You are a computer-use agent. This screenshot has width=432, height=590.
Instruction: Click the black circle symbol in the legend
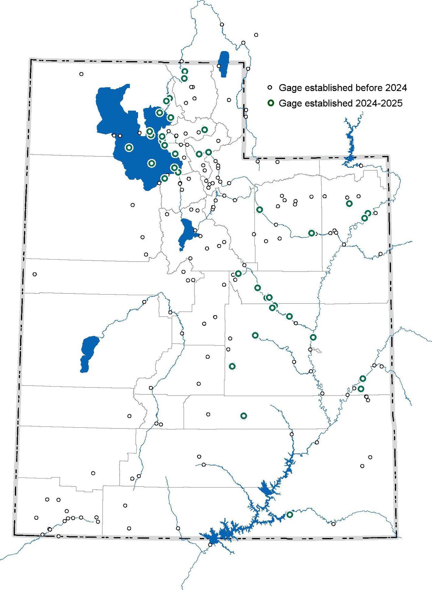271,88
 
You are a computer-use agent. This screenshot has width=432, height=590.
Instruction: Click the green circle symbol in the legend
271,103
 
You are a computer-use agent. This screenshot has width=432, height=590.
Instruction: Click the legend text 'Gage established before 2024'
343,88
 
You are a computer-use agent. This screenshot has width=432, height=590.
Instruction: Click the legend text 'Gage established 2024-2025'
340,103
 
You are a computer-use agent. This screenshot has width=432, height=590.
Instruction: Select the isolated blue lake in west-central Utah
89,353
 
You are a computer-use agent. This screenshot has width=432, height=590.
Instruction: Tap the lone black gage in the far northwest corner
81,74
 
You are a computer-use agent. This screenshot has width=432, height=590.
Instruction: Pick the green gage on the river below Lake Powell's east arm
290,514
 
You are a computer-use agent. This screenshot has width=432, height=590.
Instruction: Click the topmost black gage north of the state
222,25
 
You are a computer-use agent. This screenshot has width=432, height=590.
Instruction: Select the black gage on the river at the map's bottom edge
210,545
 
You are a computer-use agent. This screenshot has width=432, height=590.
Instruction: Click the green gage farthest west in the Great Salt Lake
129,147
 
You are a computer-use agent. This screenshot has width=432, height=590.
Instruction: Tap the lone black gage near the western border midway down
35,274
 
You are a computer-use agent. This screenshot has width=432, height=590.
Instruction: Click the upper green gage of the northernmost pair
185,71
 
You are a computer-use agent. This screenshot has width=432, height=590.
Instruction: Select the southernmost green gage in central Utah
244,416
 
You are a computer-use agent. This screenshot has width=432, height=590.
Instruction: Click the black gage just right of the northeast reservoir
361,166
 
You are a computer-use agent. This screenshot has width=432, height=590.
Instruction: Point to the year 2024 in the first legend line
398,88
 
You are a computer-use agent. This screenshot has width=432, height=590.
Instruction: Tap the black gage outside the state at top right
256,35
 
